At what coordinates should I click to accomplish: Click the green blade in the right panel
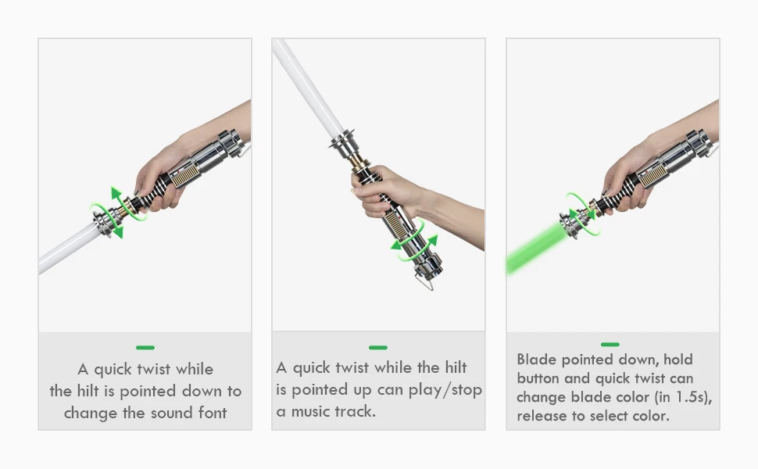pos(535,248)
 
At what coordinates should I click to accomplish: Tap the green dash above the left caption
pos(145,348)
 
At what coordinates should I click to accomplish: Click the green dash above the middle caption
pos(378,348)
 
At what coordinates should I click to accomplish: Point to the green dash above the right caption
pos(610,344)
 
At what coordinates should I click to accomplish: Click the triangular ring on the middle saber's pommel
pos(424,282)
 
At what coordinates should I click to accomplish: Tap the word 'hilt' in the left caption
pos(88,391)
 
